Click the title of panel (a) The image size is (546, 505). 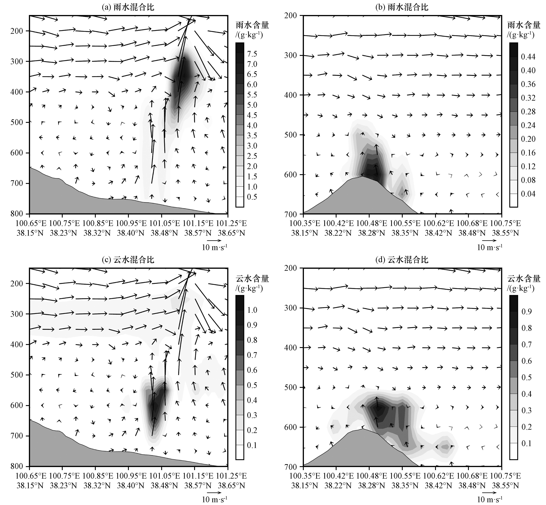(128, 7)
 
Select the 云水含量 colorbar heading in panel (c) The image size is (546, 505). (252, 279)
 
